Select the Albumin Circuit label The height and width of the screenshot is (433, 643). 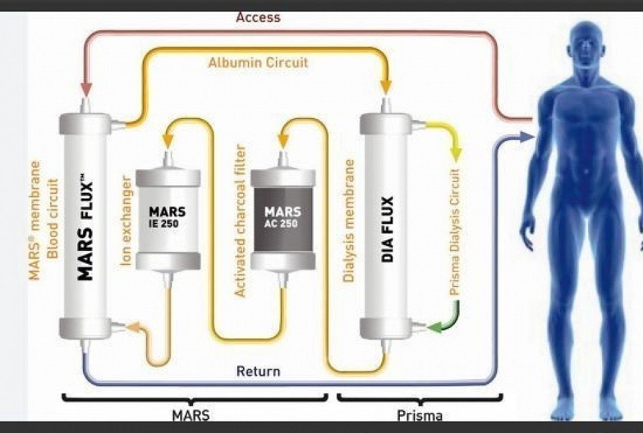click(258, 63)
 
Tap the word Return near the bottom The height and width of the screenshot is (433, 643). click(258, 371)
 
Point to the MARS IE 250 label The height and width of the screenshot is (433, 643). click(167, 216)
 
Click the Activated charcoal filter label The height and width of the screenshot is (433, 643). click(240, 221)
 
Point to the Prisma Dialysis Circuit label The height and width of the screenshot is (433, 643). click(455, 231)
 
